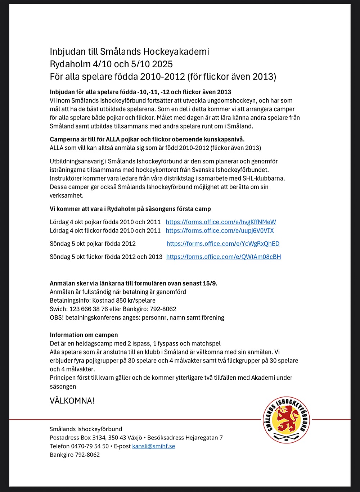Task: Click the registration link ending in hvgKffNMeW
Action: tap(221, 222)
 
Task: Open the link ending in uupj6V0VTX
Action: tap(220, 231)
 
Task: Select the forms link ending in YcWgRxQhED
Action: tap(223, 244)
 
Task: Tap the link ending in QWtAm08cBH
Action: tap(224, 257)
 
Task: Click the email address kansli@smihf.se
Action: tap(154, 446)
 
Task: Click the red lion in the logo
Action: tap(287, 420)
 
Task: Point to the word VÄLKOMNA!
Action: tap(72, 401)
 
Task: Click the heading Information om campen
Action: tap(84, 335)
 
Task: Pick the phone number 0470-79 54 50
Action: tap(90, 446)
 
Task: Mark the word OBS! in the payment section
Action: tap(57, 318)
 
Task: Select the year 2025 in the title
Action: tap(162, 64)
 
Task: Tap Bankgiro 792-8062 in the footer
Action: tap(75, 455)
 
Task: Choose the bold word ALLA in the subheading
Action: tap(113, 139)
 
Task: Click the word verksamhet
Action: tap(67, 196)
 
